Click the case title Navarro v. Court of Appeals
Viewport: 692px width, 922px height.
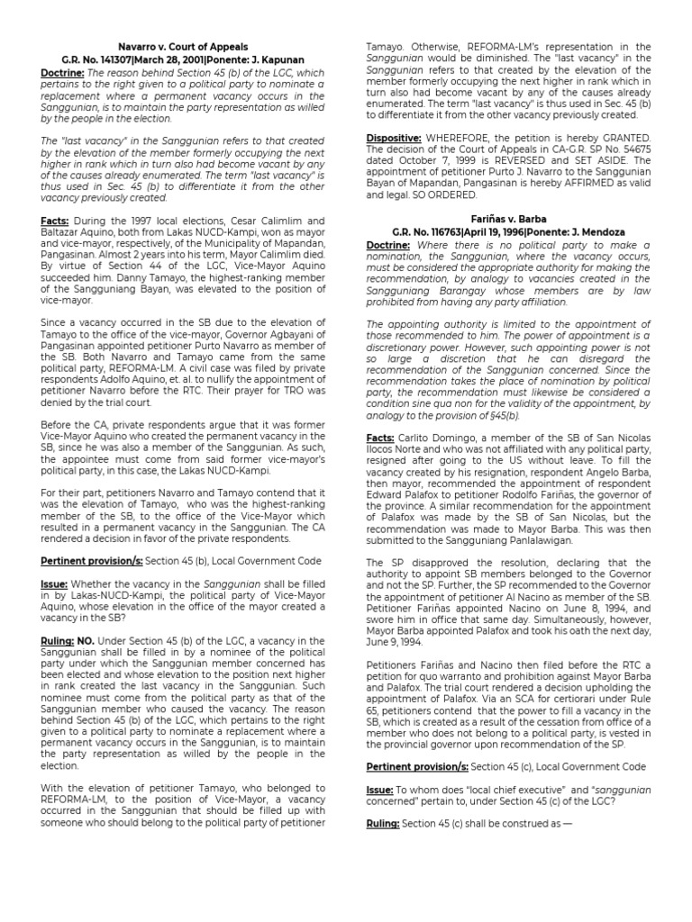[183, 46]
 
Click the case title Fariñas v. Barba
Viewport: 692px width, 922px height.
[508, 219]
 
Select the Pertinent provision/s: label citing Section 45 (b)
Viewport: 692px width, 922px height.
[91, 561]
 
